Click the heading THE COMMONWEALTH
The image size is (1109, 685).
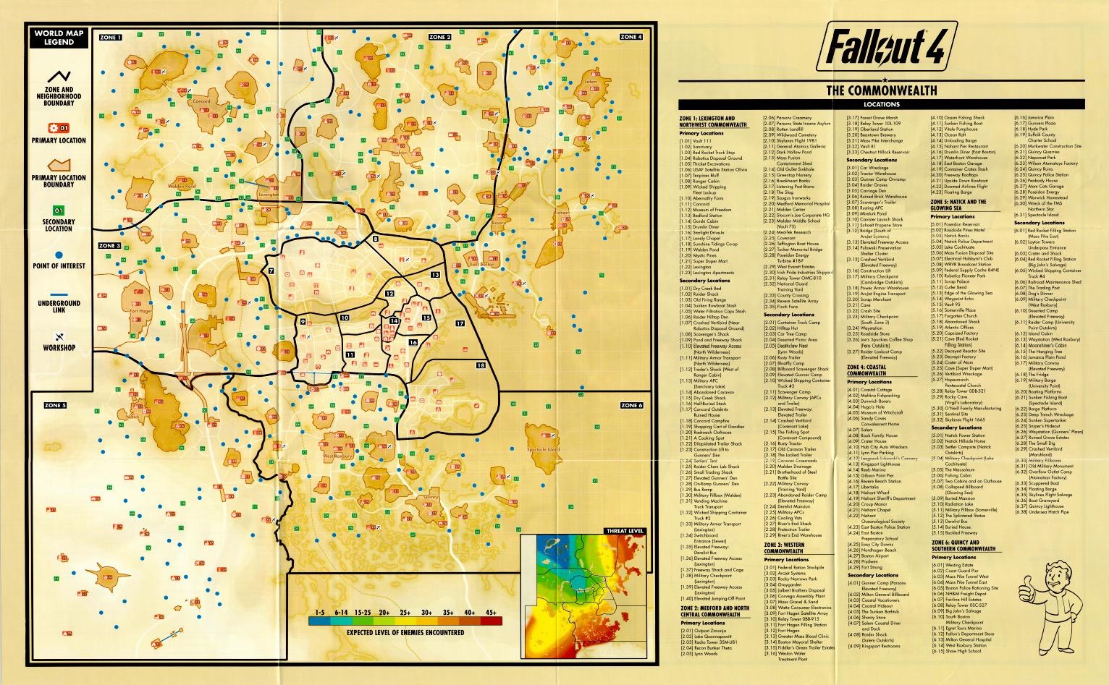pos(881,90)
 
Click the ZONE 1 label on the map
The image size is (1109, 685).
pos(111,37)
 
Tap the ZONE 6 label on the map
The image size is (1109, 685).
pos(631,405)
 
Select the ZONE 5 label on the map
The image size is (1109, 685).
pos(55,405)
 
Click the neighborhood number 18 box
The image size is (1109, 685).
pos(481,365)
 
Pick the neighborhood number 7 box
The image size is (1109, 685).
pos(271,271)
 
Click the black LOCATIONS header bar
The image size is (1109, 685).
pos(881,104)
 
